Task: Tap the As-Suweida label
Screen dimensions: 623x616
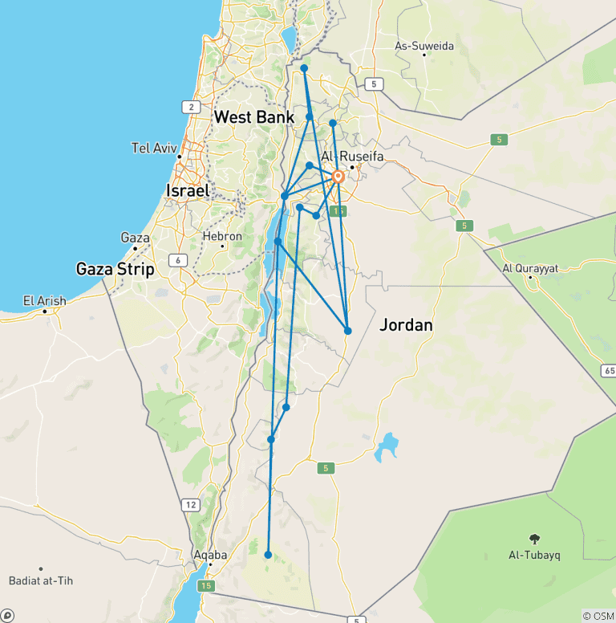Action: pyautogui.click(x=424, y=46)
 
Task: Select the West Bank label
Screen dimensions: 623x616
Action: pyautogui.click(x=254, y=117)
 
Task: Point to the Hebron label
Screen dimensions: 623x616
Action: pyautogui.click(x=222, y=236)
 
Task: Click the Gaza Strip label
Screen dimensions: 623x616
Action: pyautogui.click(x=115, y=269)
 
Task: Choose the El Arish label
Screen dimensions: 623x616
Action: pyautogui.click(x=44, y=301)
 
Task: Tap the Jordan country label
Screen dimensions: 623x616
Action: pyautogui.click(x=407, y=325)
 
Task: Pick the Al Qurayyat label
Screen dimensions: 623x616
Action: pyautogui.click(x=530, y=268)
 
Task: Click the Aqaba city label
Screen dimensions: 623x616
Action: pyautogui.click(x=211, y=555)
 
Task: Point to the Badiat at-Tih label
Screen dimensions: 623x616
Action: pyautogui.click(x=40, y=580)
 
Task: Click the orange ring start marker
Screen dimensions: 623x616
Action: pyautogui.click(x=338, y=177)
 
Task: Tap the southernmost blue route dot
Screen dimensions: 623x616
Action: pyautogui.click(x=268, y=554)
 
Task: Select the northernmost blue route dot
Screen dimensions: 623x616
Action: pyautogui.click(x=304, y=68)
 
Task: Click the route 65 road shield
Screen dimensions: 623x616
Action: pyautogui.click(x=607, y=370)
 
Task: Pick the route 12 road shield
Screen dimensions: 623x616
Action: pyautogui.click(x=190, y=504)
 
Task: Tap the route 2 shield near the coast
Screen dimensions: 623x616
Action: pyautogui.click(x=190, y=107)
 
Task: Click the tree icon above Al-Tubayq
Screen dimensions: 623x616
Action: pyautogui.click(x=534, y=538)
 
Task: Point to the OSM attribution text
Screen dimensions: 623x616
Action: pyautogui.click(x=598, y=616)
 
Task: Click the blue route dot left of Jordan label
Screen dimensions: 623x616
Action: pyautogui.click(x=348, y=331)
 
